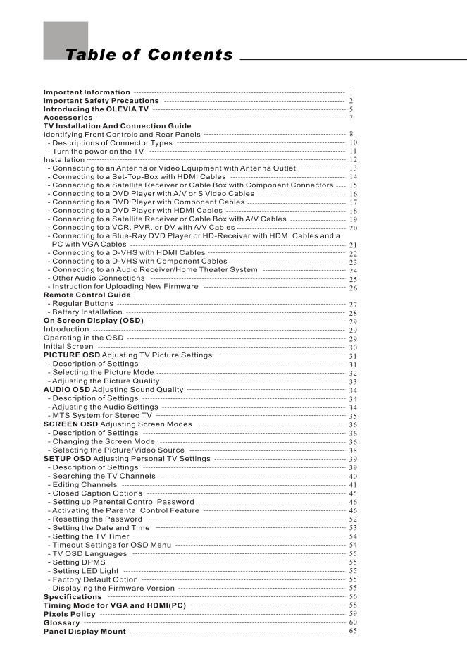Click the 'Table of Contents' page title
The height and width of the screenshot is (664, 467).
point(149,55)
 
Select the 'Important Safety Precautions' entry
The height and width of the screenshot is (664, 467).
point(101,101)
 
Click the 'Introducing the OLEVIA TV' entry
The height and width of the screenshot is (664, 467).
point(96,109)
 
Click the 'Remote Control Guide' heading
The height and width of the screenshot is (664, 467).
point(87,295)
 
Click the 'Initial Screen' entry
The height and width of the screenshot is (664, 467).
point(68,346)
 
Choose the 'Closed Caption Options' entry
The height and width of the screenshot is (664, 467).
point(96,493)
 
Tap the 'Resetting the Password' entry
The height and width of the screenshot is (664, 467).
point(97,519)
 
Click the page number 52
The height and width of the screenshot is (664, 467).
point(353,519)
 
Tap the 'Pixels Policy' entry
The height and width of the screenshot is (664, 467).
point(69,614)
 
